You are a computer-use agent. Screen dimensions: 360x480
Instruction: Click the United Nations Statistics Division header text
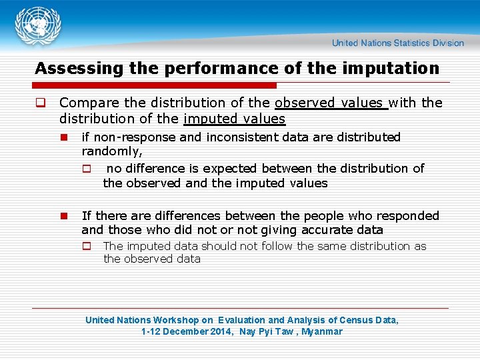tap(398, 43)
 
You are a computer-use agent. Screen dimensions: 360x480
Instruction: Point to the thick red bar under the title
tap(155, 85)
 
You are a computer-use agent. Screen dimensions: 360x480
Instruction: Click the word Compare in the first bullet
tap(86, 103)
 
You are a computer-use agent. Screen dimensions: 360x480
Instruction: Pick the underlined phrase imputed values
tap(234, 119)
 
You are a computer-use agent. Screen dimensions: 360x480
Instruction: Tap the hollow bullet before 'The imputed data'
tap(86, 246)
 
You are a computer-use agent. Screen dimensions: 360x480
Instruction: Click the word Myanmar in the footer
tap(322, 331)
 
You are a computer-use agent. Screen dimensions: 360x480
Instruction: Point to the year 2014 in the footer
tap(222, 331)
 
